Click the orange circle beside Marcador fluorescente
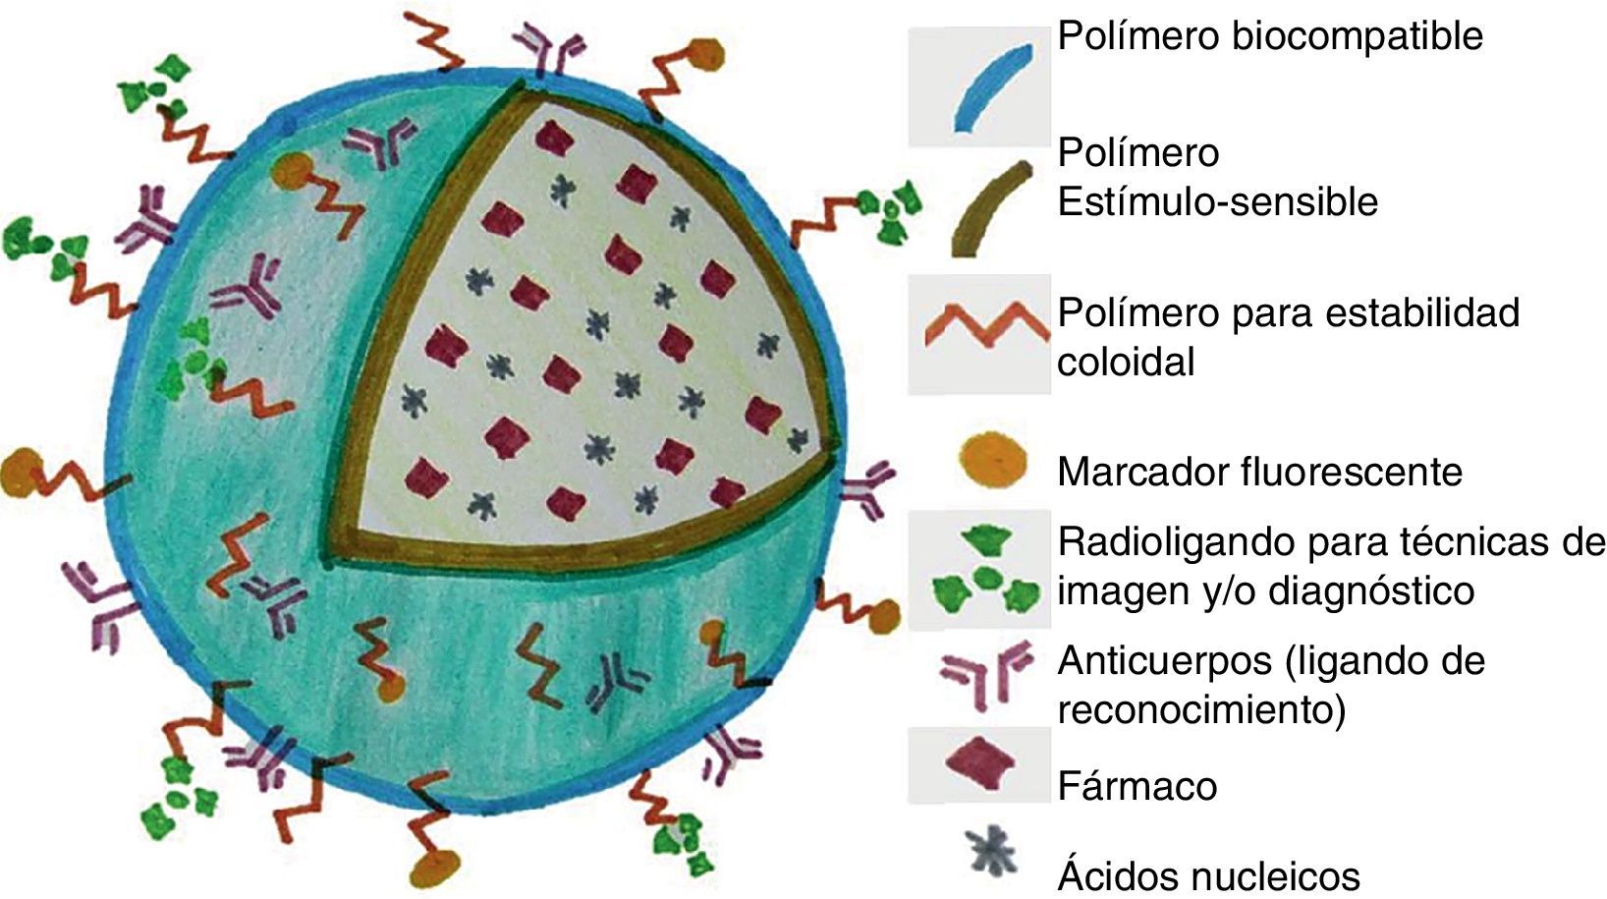pos(991,460)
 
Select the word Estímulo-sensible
pos(1217,202)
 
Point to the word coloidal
pos(1126,363)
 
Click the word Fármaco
pos(1136,786)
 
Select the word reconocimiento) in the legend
pos(1200,709)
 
